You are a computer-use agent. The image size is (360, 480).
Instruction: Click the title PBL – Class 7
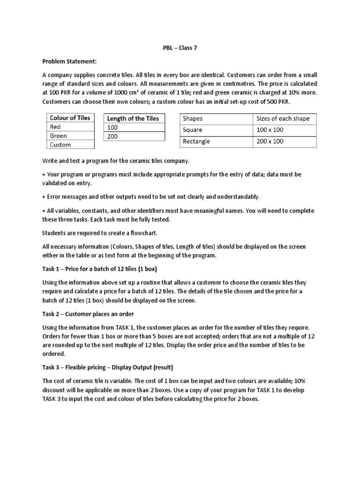tap(180, 48)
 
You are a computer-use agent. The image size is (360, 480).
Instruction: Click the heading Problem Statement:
tap(68, 61)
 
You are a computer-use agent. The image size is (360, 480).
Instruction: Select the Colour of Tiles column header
tap(70, 118)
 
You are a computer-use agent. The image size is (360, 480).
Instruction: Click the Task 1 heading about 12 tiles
tap(100, 269)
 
